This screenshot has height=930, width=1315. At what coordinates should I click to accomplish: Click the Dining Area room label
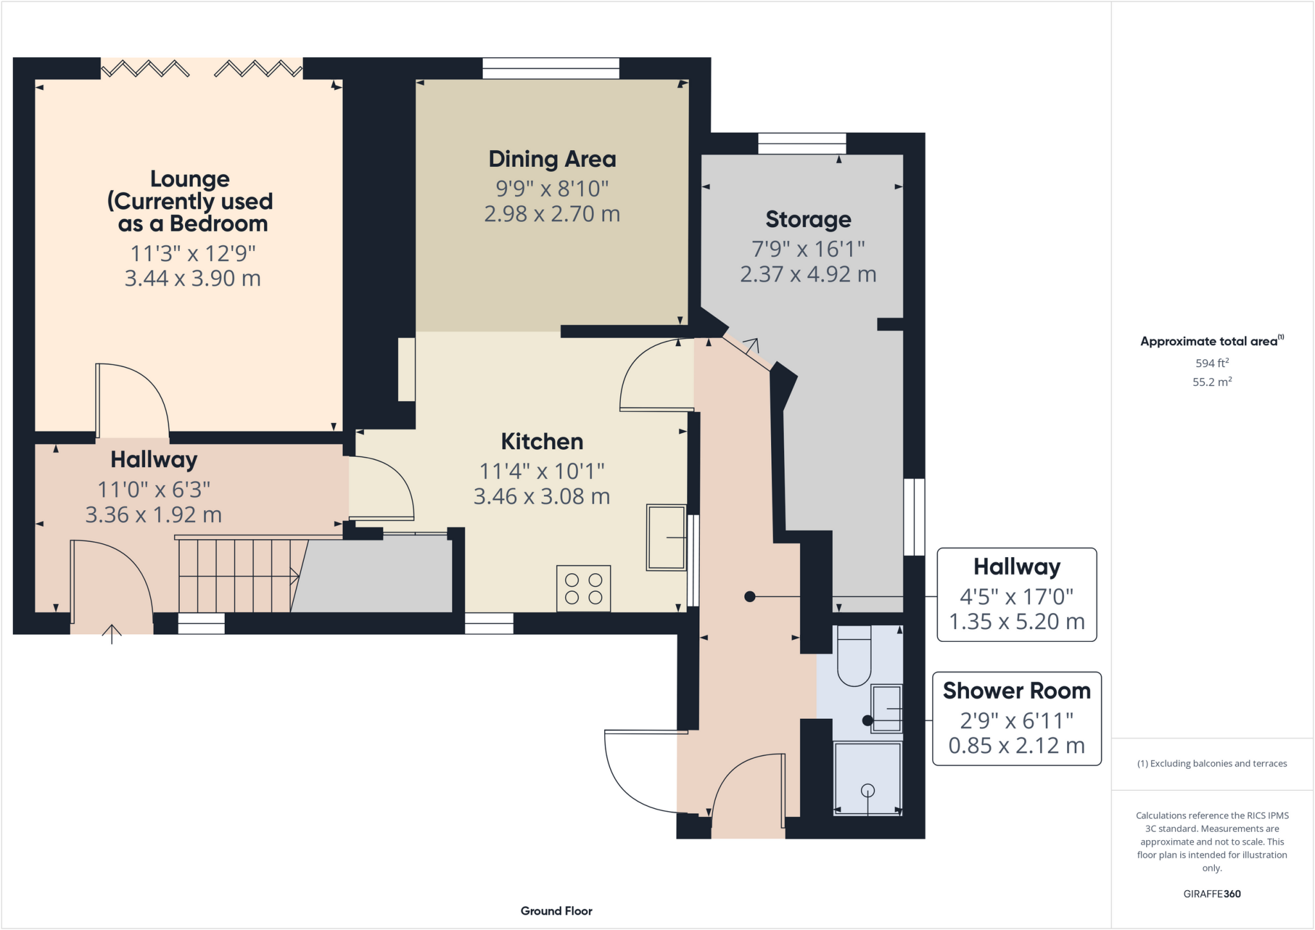tap(552, 159)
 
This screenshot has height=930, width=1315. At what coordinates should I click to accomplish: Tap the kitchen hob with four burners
tap(583, 589)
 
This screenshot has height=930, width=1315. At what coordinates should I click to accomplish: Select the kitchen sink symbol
tap(666, 537)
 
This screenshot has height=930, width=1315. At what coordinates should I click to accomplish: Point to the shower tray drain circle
tap(867, 790)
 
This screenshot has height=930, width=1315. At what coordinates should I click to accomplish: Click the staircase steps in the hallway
tap(238, 576)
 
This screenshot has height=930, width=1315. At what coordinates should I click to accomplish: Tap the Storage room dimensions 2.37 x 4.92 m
tap(808, 275)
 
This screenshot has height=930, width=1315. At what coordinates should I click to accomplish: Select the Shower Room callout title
tap(1016, 691)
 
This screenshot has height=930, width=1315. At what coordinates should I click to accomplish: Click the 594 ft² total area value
tap(1212, 363)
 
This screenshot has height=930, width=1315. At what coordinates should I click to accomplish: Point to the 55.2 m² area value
tap(1212, 382)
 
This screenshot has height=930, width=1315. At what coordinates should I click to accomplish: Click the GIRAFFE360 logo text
tap(1212, 893)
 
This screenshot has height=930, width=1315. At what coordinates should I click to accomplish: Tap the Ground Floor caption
tap(556, 911)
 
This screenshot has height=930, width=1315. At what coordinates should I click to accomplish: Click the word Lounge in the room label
tap(189, 178)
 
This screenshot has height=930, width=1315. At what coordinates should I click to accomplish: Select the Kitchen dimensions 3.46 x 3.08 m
tap(541, 497)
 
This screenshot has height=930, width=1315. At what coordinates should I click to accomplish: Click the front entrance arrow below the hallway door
tap(112, 634)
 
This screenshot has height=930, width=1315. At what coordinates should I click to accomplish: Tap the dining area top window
tap(551, 68)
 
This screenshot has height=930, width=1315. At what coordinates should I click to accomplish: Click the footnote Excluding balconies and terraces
tap(1212, 763)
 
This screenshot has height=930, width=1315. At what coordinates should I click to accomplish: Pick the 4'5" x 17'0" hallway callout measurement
tap(1016, 597)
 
